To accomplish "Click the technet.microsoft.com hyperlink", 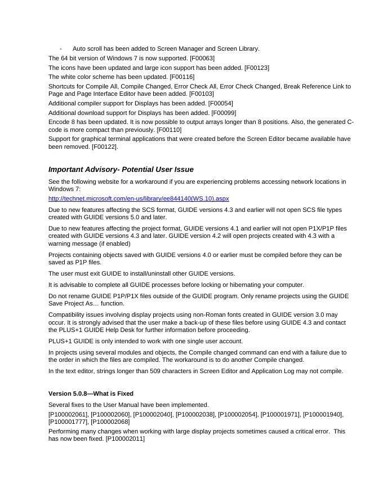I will [139, 199].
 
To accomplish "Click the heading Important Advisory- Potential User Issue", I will [121, 170].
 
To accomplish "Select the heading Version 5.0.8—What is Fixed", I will [91, 393].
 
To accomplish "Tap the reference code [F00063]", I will [202, 59].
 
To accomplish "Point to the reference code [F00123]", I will [256, 68].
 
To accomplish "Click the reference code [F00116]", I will [182, 77].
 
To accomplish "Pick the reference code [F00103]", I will [202, 94].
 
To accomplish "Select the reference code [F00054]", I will [220, 104].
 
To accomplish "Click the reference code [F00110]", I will [169, 130].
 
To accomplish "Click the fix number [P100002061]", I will [68, 414].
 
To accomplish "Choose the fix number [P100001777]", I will [68, 422].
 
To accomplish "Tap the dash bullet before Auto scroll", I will [61, 49].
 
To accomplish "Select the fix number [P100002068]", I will [110, 422].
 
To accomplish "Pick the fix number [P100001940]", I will [323, 414].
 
